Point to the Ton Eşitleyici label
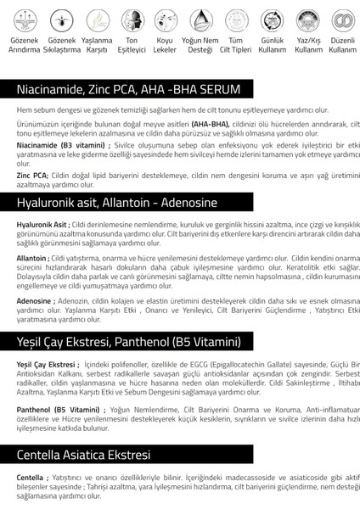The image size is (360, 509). point(132,45)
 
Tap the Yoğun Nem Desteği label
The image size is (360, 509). point(200,45)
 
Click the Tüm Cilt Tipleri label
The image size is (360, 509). point(236,45)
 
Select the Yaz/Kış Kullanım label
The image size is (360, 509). point(307,45)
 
